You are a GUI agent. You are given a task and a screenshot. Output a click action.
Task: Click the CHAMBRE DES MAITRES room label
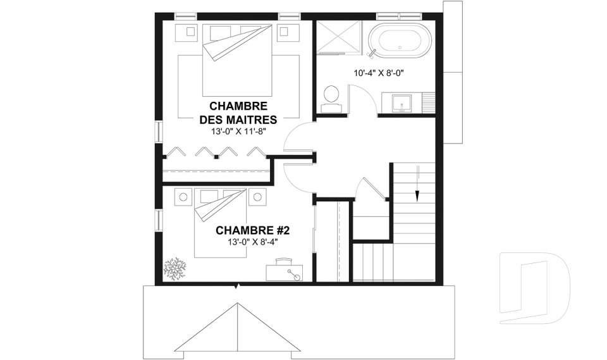point(238,113)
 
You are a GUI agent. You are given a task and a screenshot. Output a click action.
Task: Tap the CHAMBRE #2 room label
point(252,230)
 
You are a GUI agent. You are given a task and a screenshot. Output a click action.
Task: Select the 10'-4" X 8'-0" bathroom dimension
point(379,73)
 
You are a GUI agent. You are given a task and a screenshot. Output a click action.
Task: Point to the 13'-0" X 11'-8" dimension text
point(238,132)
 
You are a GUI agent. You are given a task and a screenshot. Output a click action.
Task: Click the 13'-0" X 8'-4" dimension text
point(253,242)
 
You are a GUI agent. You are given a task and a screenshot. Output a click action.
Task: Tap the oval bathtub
point(400,40)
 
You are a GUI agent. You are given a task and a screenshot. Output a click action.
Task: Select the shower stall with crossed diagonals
point(339,37)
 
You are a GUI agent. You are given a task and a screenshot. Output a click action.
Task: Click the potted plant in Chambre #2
point(175,268)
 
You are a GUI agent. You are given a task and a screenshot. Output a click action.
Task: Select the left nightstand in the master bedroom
point(189,32)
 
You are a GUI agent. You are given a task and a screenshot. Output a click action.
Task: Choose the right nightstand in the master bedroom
point(287,32)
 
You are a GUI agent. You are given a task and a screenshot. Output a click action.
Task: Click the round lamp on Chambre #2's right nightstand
point(257,197)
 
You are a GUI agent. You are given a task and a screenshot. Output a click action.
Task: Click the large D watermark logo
point(534,288)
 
